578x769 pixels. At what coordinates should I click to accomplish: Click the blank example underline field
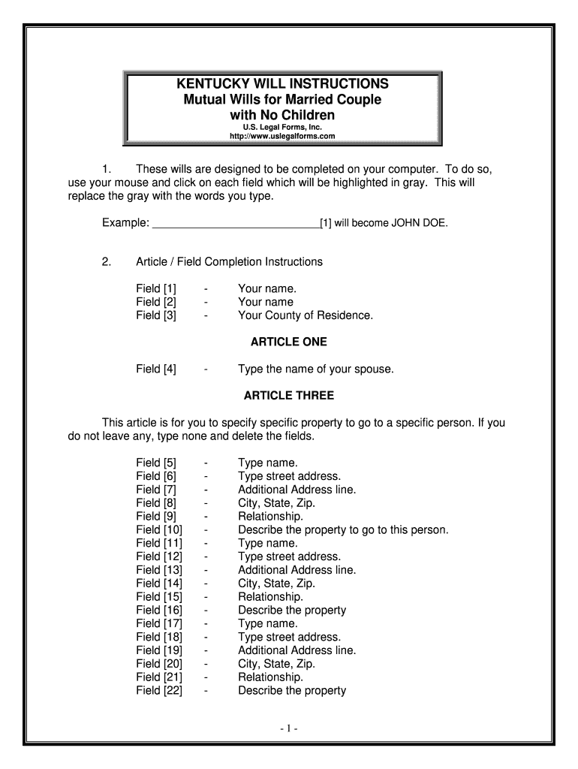(x=236, y=223)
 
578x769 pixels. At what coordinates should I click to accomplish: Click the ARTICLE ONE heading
(x=289, y=342)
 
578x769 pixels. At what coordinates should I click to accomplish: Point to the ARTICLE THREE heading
(x=289, y=396)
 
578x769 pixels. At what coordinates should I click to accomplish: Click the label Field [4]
(x=156, y=369)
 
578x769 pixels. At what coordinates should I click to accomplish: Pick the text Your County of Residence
(x=306, y=315)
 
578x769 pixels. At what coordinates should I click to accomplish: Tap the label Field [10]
(x=159, y=530)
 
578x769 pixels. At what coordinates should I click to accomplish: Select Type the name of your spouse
(x=316, y=369)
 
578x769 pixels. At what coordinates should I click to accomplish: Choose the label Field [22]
(x=159, y=691)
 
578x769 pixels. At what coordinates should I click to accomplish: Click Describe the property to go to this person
(x=343, y=530)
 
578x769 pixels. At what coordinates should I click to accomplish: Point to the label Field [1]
(x=156, y=288)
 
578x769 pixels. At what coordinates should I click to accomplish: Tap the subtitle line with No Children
(x=282, y=115)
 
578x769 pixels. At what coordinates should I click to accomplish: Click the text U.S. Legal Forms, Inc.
(x=281, y=127)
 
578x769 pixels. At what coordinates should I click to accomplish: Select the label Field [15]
(x=159, y=597)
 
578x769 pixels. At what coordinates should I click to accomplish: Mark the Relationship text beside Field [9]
(x=271, y=517)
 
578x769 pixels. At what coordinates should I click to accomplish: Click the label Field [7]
(x=156, y=490)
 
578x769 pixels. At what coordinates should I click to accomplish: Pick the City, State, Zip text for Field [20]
(x=276, y=664)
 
